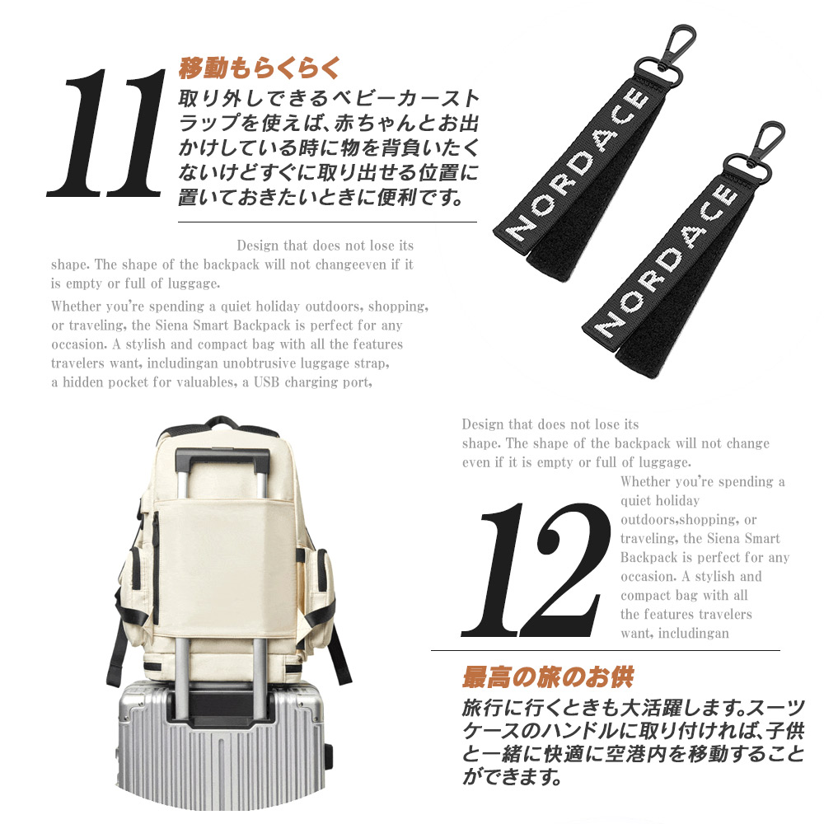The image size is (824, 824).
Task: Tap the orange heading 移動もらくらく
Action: tap(260, 68)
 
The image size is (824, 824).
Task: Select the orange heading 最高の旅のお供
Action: tap(547, 677)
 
